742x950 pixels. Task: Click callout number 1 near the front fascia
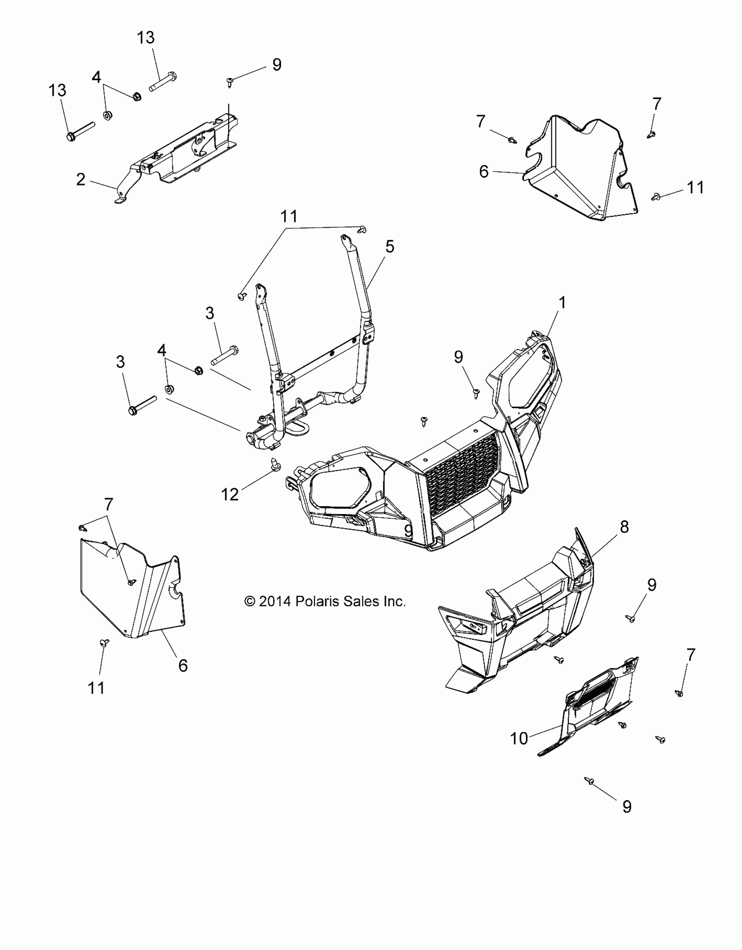click(562, 303)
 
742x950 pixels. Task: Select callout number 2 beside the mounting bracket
click(81, 180)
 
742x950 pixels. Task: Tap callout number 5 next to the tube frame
click(390, 247)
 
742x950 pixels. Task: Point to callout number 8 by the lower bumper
click(625, 527)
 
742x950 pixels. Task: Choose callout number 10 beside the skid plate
click(519, 739)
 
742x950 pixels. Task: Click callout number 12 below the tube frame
click(230, 494)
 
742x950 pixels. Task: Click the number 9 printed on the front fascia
click(409, 531)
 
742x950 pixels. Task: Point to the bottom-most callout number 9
click(627, 806)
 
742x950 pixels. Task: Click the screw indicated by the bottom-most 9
click(589, 781)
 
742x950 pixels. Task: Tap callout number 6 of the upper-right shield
click(484, 172)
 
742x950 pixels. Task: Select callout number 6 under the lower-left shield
click(183, 665)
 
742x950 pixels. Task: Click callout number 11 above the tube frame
click(289, 216)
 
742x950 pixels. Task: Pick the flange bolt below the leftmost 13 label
click(72, 137)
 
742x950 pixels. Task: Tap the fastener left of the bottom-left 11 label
click(105, 642)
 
